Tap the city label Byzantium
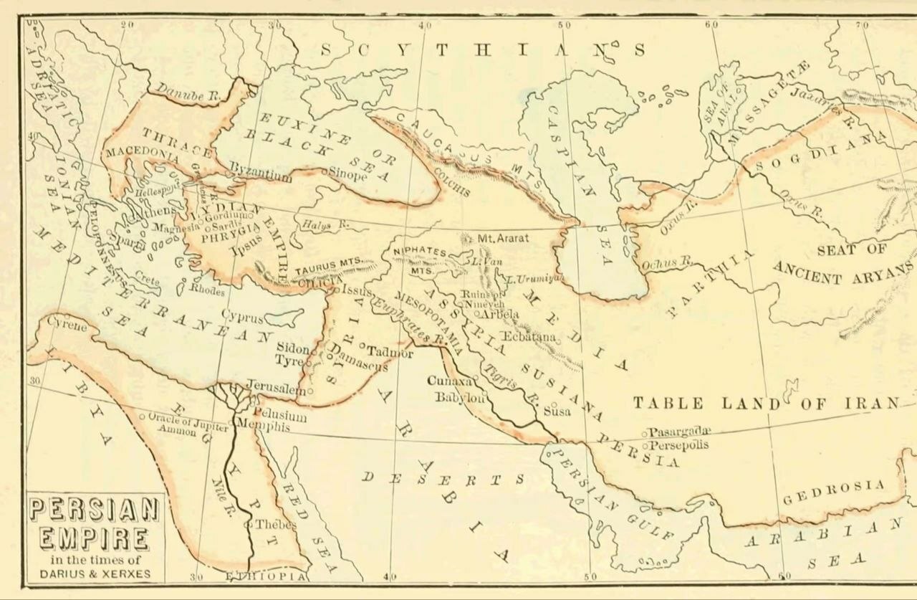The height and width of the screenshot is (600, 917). [261, 175]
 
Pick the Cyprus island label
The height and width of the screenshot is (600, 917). [242, 316]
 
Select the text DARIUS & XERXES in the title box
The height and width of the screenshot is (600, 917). [95, 573]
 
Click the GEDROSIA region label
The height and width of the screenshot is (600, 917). [833, 492]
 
